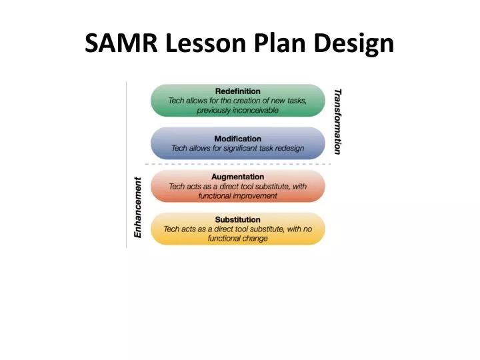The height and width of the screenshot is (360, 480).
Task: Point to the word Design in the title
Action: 353,44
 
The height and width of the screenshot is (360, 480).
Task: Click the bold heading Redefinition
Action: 238,91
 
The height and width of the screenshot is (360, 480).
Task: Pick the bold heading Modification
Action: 238,139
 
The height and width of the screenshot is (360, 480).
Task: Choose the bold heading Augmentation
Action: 238,177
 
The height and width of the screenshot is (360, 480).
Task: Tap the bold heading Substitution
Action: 238,219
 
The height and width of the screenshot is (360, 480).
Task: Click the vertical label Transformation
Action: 337,121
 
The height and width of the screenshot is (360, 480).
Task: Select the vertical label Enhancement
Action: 138,207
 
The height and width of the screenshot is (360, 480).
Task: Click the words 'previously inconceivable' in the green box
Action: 238,110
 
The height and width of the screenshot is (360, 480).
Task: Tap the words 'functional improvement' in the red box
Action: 238,196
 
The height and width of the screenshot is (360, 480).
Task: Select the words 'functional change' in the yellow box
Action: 238,238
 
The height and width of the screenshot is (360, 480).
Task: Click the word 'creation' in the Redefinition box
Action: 243,101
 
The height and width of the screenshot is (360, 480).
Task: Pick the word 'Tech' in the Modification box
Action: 180,148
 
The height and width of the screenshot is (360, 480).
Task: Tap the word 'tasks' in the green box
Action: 295,101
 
